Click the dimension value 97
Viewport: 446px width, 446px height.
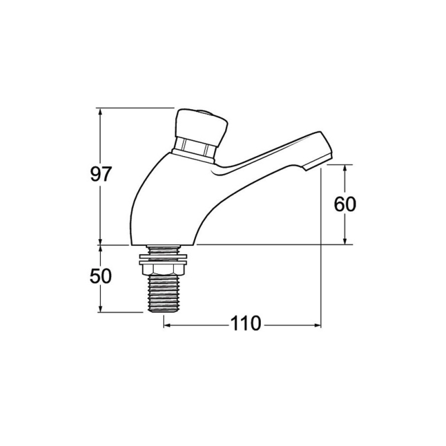[100, 174]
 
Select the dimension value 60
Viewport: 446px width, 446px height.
[345, 204]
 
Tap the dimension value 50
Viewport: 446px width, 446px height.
[100, 276]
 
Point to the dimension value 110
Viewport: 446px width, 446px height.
[245, 323]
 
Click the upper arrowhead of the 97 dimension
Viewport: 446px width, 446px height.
[100, 112]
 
